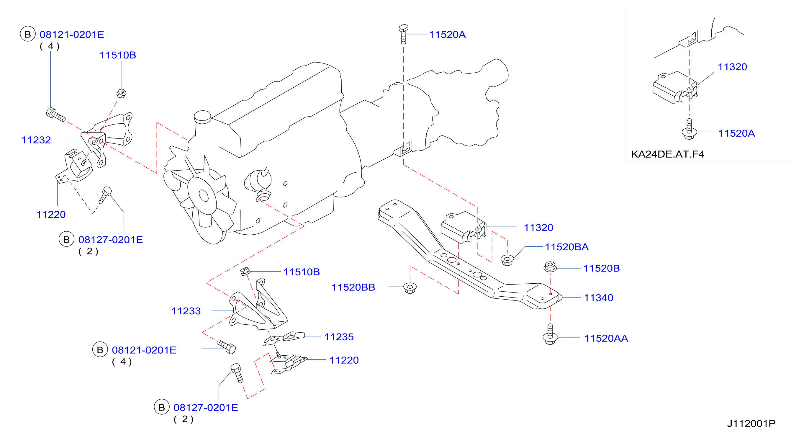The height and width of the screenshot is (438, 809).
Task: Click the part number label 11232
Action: coord(36,140)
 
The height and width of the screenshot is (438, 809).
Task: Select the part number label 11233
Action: coord(186,311)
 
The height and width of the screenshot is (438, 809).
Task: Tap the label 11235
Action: coord(339,337)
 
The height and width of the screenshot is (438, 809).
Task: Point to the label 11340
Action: coord(599,298)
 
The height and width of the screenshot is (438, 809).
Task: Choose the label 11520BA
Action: coord(566,247)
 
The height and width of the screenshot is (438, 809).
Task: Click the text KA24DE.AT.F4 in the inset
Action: coord(668,154)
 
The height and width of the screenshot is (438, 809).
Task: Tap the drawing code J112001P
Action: coord(751,424)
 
